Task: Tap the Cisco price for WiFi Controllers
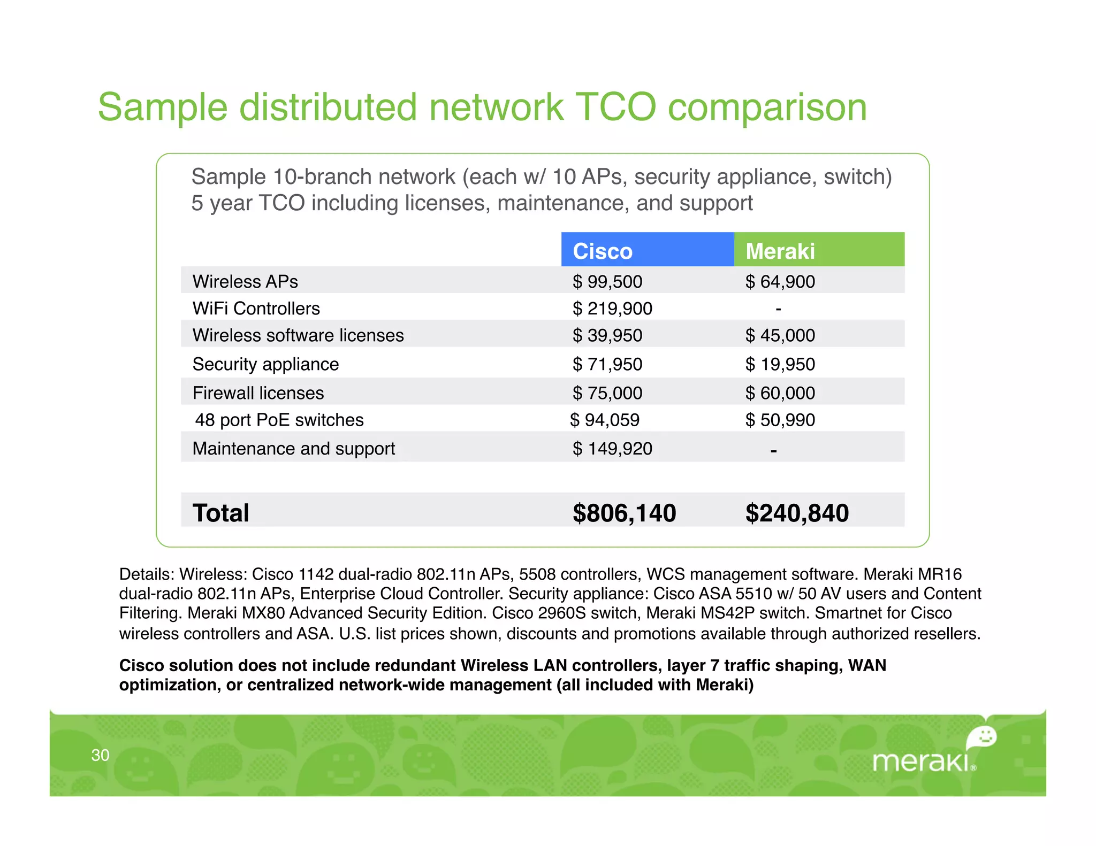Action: [x=612, y=309]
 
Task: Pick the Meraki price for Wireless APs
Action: [x=780, y=282]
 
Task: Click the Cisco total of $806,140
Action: [x=624, y=513]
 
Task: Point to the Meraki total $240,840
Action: [x=797, y=513]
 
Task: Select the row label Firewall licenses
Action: [x=258, y=393]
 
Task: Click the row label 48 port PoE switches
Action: [x=279, y=420]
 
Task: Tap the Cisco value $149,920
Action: [x=612, y=449]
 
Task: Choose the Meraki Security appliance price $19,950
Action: [x=780, y=364]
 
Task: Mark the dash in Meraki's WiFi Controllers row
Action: [x=778, y=309]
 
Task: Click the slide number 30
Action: [x=100, y=755]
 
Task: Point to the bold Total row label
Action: [x=220, y=513]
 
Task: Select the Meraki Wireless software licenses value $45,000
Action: [x=780, y=335]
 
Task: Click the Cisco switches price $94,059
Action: [x=605, y=420]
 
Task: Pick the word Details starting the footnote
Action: [x=147, y=574]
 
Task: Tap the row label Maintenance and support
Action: [x=293, y=449]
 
